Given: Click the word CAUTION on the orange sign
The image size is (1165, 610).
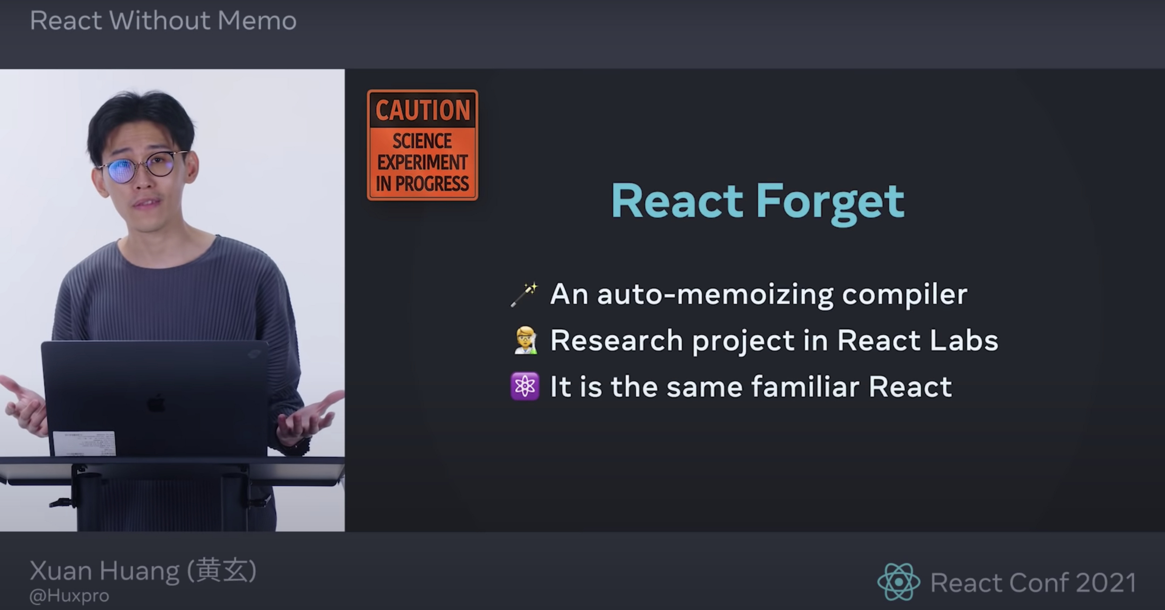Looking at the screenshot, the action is point(423,110).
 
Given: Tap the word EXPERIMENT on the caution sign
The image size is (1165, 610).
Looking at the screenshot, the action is point(422,162).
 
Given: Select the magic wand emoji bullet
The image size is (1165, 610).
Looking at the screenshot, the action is point(524,295).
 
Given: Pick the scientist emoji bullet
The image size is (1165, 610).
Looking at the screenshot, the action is point(525,340).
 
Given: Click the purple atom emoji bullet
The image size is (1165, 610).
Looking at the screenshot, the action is point(525,386).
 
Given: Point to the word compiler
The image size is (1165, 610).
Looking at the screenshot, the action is point(905,295).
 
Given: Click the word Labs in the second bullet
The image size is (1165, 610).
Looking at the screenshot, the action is point(964,340).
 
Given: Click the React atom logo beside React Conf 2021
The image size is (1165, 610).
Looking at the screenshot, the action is point(898,582).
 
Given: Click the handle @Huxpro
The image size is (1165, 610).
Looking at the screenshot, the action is point(69,596).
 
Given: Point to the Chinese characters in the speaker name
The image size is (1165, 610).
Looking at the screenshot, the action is point(222,570).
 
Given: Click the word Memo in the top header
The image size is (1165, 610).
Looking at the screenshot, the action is point(257,21).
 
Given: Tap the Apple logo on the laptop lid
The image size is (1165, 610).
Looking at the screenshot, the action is point(156,403).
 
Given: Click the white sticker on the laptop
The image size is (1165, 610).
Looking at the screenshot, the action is point(84,443).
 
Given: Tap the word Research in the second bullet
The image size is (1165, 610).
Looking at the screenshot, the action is point(617,340).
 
